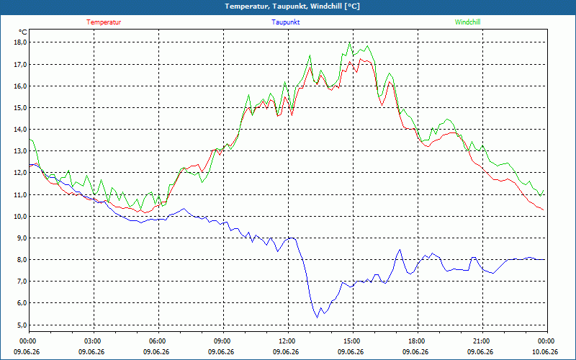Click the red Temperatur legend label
click(x=104, y=22)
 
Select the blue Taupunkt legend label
click(x=285, y=22)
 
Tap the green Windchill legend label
click(x=467, y=22)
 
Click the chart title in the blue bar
click(x=292, y=6)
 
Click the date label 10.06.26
click(x=545, y=352)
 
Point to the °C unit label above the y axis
click(x=23, y=32)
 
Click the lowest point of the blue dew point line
click(x=317, y=318)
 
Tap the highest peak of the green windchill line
click(x=349, y=42)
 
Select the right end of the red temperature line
click(x=544, y=210)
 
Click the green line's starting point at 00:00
click(x=30, y=139)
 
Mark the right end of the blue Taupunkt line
click(x=544, y=260)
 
